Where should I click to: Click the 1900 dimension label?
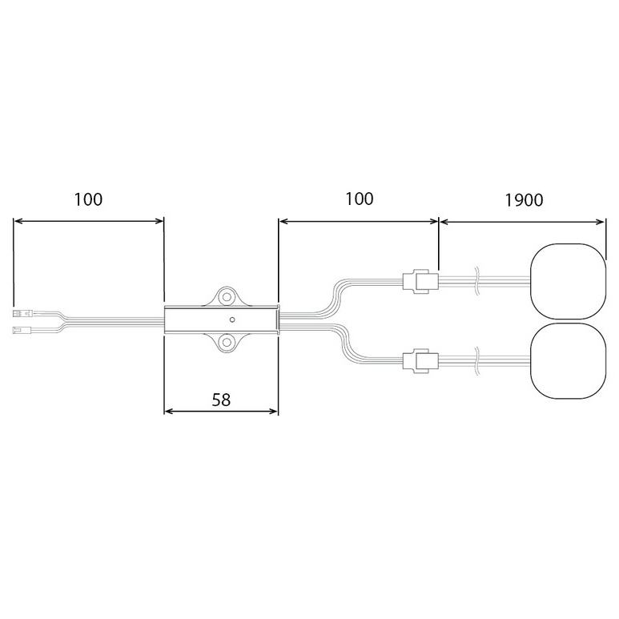point(524,200)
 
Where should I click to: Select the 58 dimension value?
point(221,400)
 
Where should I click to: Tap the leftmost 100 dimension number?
point(88,199)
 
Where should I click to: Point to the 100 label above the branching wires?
point(360,199)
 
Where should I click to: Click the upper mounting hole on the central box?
point(227,296)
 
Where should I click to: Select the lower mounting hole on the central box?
point(227,343)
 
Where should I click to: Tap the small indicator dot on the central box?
point(232,320)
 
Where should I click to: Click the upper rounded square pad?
point(568,281)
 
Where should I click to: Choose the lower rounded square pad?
point(568,361)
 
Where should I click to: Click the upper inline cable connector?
point(420,281)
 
